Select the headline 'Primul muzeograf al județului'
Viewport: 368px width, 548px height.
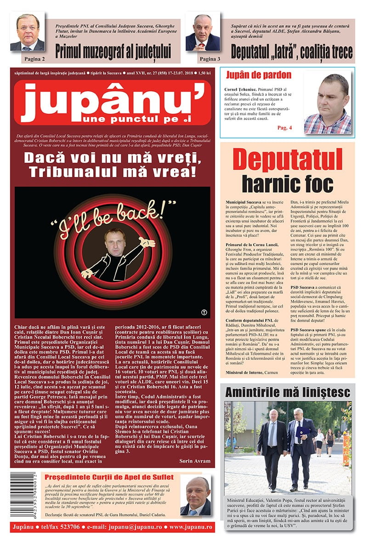113,51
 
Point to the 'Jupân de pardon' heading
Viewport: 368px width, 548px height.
258,75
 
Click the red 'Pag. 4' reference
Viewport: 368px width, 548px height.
272,127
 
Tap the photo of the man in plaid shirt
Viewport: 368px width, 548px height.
328,104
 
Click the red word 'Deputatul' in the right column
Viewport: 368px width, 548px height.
288,160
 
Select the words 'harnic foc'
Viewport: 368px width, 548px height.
288,183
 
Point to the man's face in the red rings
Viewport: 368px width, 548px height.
112,244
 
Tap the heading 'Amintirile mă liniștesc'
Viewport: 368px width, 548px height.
288,392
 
